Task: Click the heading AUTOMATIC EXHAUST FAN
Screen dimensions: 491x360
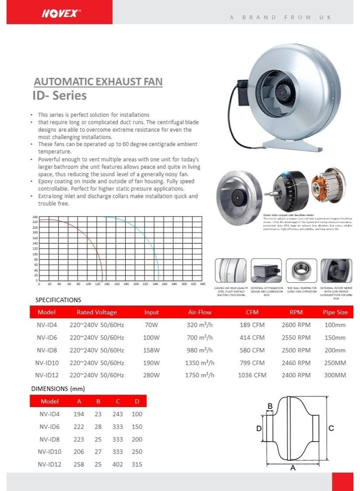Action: coord(98,82)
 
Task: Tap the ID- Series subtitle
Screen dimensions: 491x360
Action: coord(59,96)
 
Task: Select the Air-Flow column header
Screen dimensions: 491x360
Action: coord(199,312)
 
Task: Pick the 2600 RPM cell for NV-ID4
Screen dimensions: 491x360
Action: coord(296,325)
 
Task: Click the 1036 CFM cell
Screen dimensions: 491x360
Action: coord(252,375)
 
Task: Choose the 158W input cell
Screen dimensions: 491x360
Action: coord(152,350)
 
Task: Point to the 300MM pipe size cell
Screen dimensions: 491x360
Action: coord(335,375)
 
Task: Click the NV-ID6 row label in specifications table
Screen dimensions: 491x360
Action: coord(46,337)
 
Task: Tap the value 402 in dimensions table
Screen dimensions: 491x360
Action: coord(118,464)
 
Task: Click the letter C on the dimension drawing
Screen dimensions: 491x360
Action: coord(331,429)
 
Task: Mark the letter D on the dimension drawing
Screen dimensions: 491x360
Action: coord(259,429)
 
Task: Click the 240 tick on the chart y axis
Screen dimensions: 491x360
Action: coord(35,217)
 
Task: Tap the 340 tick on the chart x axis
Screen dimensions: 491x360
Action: coord(202,284)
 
